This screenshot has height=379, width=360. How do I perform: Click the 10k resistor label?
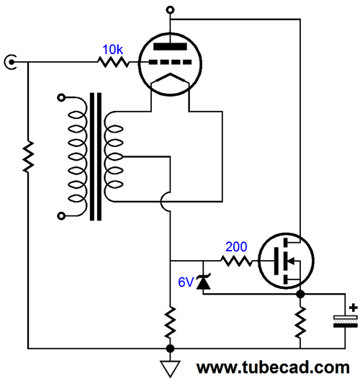click(112, 49)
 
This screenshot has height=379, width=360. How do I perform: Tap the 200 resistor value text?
click(236, 246)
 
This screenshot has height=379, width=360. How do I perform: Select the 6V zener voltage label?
click(186, 282)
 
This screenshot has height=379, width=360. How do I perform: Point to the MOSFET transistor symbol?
click(286, 261)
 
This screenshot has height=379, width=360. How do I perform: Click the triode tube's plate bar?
click(170, 47)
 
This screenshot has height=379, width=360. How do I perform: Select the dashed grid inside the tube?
click(170, 62)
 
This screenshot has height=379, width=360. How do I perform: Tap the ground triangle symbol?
click(170, 368)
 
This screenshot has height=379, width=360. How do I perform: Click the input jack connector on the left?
click(11, 62)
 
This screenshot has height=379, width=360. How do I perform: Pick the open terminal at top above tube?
click(170, 10)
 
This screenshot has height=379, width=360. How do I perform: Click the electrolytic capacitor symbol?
click(346, 321)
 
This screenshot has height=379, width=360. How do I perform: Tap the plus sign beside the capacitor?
click(354, 308)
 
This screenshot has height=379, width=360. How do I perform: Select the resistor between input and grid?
click(113, 62)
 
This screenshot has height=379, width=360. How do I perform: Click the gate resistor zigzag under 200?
click(236, 261)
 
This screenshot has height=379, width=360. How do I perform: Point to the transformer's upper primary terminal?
click(61, 98)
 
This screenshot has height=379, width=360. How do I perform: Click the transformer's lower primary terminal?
click(61, 216)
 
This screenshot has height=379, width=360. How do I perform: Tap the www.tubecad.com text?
click(273, 367)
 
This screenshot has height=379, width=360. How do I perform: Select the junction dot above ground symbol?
click(170, 349)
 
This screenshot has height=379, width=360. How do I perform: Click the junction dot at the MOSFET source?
click(300, 294)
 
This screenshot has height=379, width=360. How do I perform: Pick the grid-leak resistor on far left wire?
click(28, 156)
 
